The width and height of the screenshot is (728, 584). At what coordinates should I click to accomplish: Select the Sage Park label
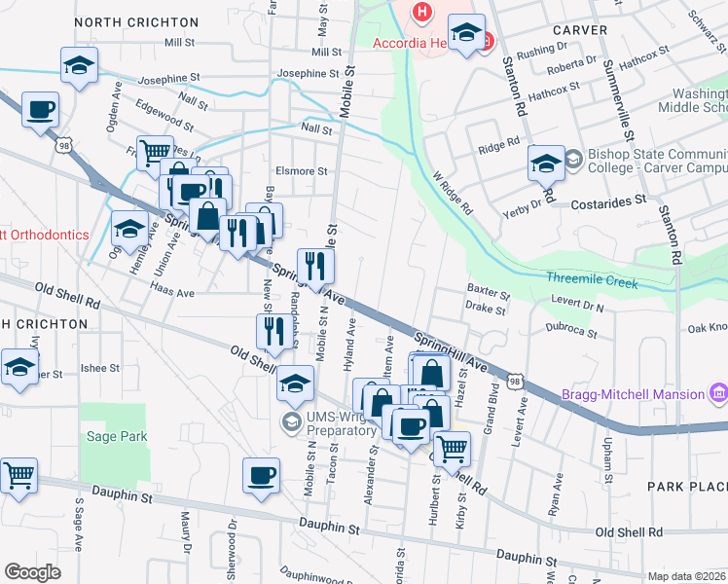point(118,437)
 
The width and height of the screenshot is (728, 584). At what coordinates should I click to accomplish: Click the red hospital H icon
point(422,12)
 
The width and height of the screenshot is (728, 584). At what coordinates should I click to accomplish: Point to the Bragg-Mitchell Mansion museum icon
point(718,393)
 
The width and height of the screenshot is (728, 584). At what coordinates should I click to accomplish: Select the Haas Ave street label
point(172,292)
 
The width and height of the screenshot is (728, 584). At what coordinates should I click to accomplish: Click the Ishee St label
point(99,368)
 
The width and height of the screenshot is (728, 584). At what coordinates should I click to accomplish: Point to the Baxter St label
point(488,291)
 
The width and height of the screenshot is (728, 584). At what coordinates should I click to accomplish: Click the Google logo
point(32,572)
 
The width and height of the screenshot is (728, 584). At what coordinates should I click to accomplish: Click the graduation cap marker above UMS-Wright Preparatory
point(296,383)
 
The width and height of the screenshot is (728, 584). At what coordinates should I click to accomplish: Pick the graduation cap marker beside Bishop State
point(546,163)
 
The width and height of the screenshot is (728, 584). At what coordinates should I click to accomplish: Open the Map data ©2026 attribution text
point(687,575)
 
